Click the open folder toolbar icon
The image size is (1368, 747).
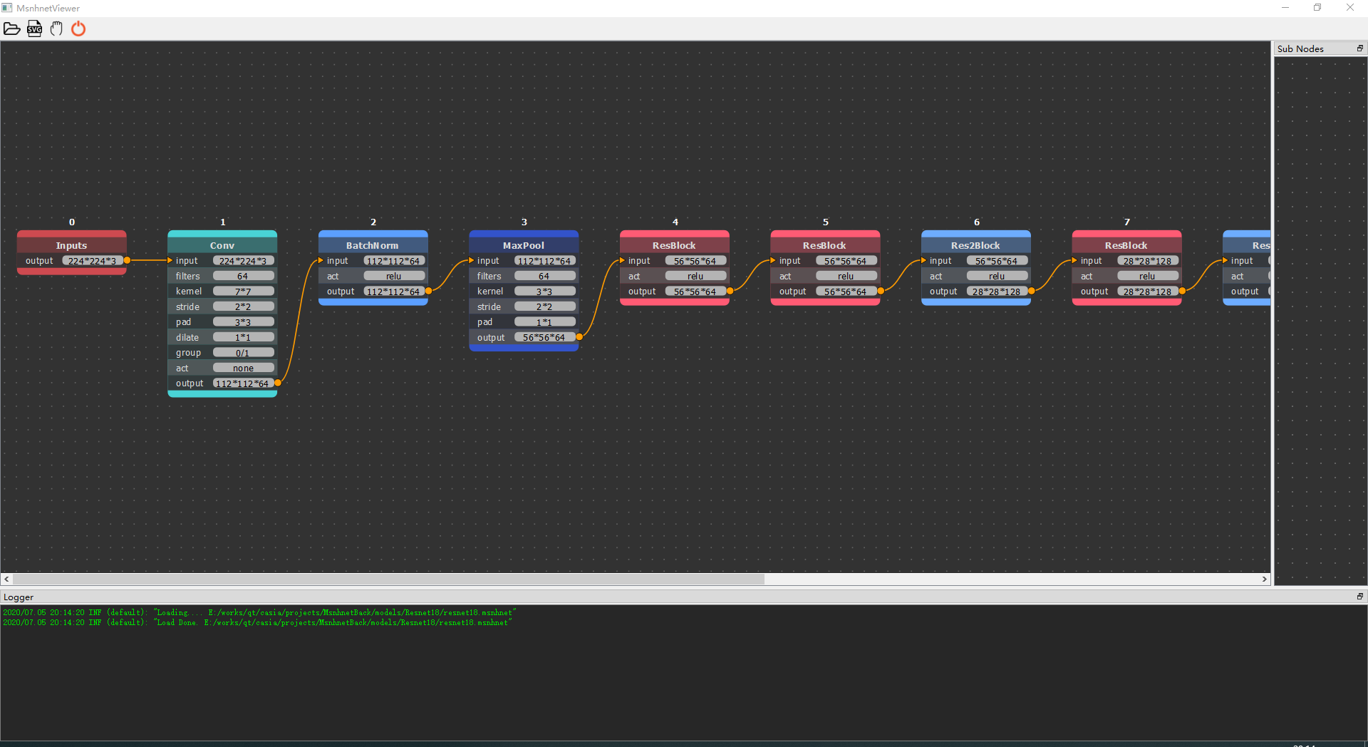coord(12,29)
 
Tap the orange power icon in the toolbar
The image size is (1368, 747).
coord(78,29)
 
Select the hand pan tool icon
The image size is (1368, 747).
coord(56,29)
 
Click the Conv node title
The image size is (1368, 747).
coord(222,245)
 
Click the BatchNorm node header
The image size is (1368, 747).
coord(373,245)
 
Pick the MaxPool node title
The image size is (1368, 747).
coord(524,245)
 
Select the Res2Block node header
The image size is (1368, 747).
coord(975,245)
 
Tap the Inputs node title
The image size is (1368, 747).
coord(71,245)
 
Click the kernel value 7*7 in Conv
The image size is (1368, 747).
coord(243,292)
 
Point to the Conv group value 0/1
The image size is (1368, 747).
coord(243,353)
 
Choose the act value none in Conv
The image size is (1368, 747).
coord(243,369)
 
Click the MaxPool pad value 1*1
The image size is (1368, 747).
coord(544,322)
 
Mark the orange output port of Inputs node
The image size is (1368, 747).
coord(127,261)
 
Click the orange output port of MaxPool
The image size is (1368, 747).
coord(579,337)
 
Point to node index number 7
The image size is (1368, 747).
coord(1127,222)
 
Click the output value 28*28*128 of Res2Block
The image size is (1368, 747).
coord(996,292)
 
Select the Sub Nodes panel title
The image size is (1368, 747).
coord(1300,48)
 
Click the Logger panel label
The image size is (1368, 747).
coord(19,597)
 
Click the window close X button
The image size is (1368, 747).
coord(1350,8)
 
